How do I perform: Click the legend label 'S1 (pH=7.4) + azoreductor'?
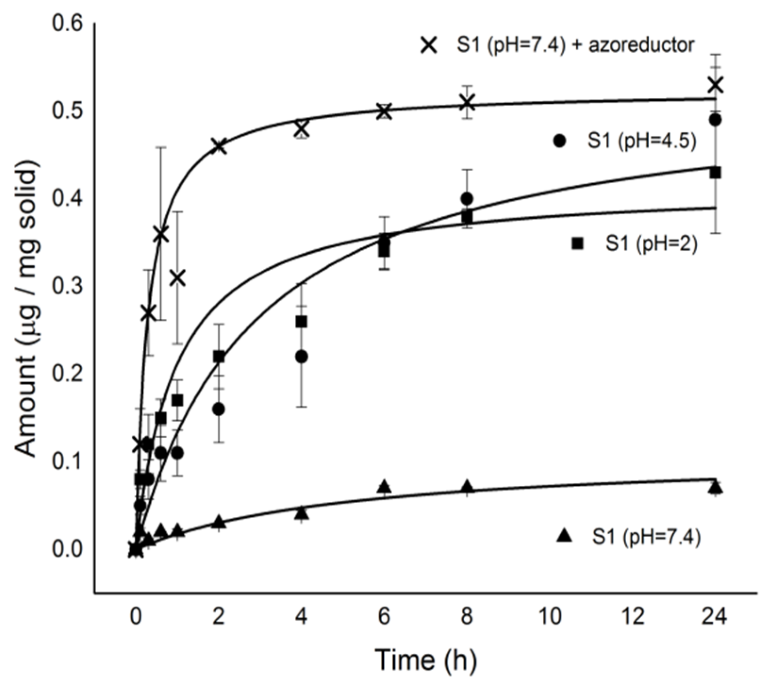pyautogui.click(x=575, y=46)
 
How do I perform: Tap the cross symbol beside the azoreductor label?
pyautogui.click(x=429, y=46)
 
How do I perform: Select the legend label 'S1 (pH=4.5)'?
pyautogui.click(x=642, y=141)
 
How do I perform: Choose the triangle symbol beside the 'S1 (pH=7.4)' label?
pyautogui.click(x=565, y=536)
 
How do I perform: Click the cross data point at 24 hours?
pyautogui.click(x=716, y=85)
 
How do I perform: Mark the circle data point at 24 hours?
pyautogui.click(x=716, y=120)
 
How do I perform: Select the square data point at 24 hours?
pyautogui.click(x=716, y=173)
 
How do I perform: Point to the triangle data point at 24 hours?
pyautogui.click(x=716, y=487)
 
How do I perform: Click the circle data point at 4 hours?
pyautogui.click(x=301, y=357)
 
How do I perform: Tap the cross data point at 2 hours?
pyautogui.click(x=218, y=147)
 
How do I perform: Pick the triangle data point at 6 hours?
pyautogui.click(x=384, y=486)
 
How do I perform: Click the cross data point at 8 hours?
pyautogui.click(x=467, y=103)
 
